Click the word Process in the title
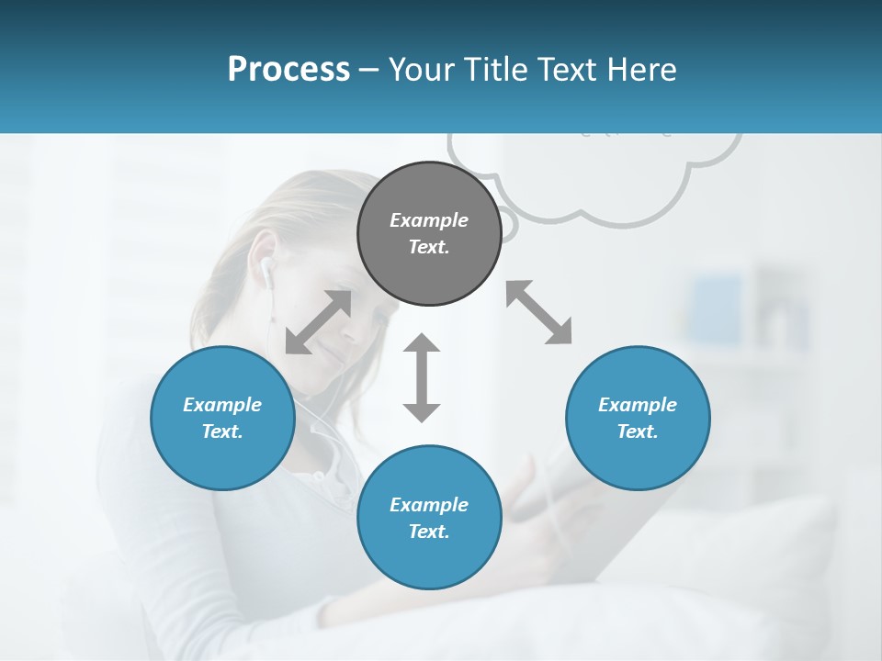pos(288,70)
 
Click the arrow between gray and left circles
pos(318,322)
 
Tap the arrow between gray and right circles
pos(539,312)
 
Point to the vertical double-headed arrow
pos(422,377)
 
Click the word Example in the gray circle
pos(429,220)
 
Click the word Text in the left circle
pos(222,431)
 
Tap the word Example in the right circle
pos(638,405)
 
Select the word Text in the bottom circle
pos(429,532)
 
